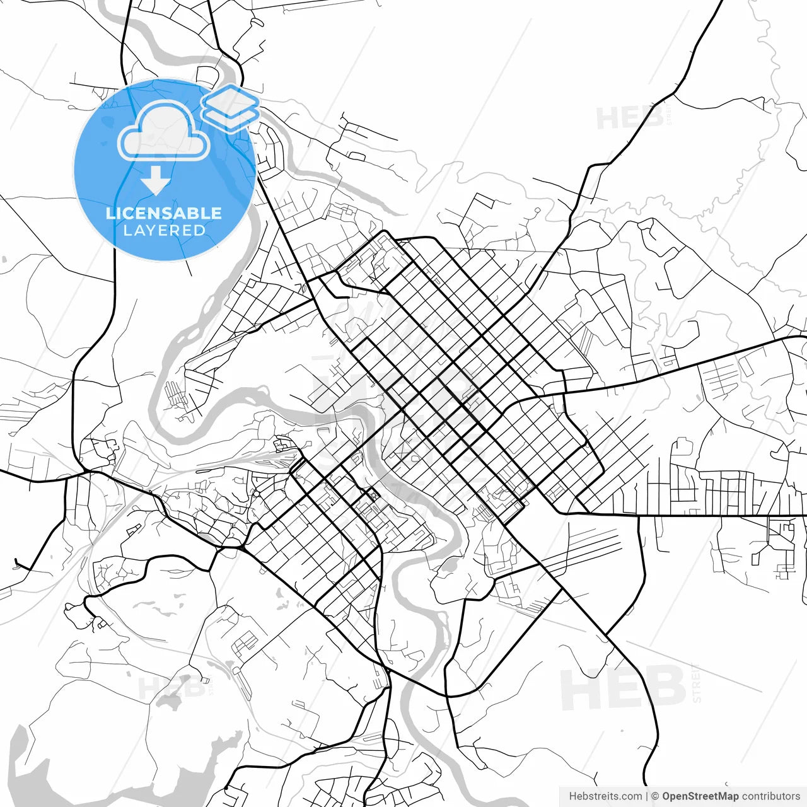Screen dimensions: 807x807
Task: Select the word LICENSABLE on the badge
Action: click(x=164, y=213)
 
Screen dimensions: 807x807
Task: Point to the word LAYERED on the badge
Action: click(x=164, y=231)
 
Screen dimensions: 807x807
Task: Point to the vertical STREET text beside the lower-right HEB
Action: click(x=696, y=683)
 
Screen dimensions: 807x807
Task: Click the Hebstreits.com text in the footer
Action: click(x=605, y=796)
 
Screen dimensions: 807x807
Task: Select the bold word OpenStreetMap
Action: click(x=700, y=796)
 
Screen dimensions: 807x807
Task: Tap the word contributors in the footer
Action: click(x=770, y=796)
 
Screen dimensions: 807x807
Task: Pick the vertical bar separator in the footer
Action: click(x=647, y=796)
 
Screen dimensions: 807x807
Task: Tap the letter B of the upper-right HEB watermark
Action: click(x=653, y=118)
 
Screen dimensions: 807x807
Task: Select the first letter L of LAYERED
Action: click(x=127, y=231)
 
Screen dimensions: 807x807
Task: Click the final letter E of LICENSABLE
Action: click(x=215, y=213)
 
